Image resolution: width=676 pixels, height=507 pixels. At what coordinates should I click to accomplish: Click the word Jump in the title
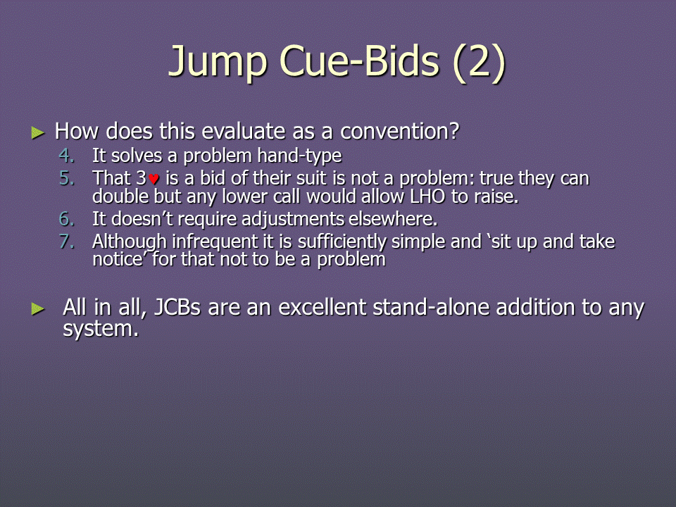[218, 62]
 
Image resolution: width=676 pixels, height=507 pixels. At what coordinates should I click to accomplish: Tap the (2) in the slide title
[479, 62]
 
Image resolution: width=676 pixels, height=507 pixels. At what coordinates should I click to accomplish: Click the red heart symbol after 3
[154, 179]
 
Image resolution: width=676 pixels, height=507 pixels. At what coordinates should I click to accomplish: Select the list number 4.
[67, 156]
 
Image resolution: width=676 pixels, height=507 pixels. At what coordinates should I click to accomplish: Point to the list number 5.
[67, 178]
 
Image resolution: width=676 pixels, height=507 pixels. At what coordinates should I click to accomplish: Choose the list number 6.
[67, 219]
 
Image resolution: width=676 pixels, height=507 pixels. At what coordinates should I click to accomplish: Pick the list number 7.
[67, 242]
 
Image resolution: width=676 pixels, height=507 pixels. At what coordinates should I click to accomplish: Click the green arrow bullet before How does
[38, 133]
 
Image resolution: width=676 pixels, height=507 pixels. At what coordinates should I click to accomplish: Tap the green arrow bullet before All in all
[38, 308]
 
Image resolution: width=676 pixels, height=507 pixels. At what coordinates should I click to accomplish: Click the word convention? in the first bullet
[400, 131]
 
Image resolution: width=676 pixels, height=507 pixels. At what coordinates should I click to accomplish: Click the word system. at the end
[101, 330]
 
